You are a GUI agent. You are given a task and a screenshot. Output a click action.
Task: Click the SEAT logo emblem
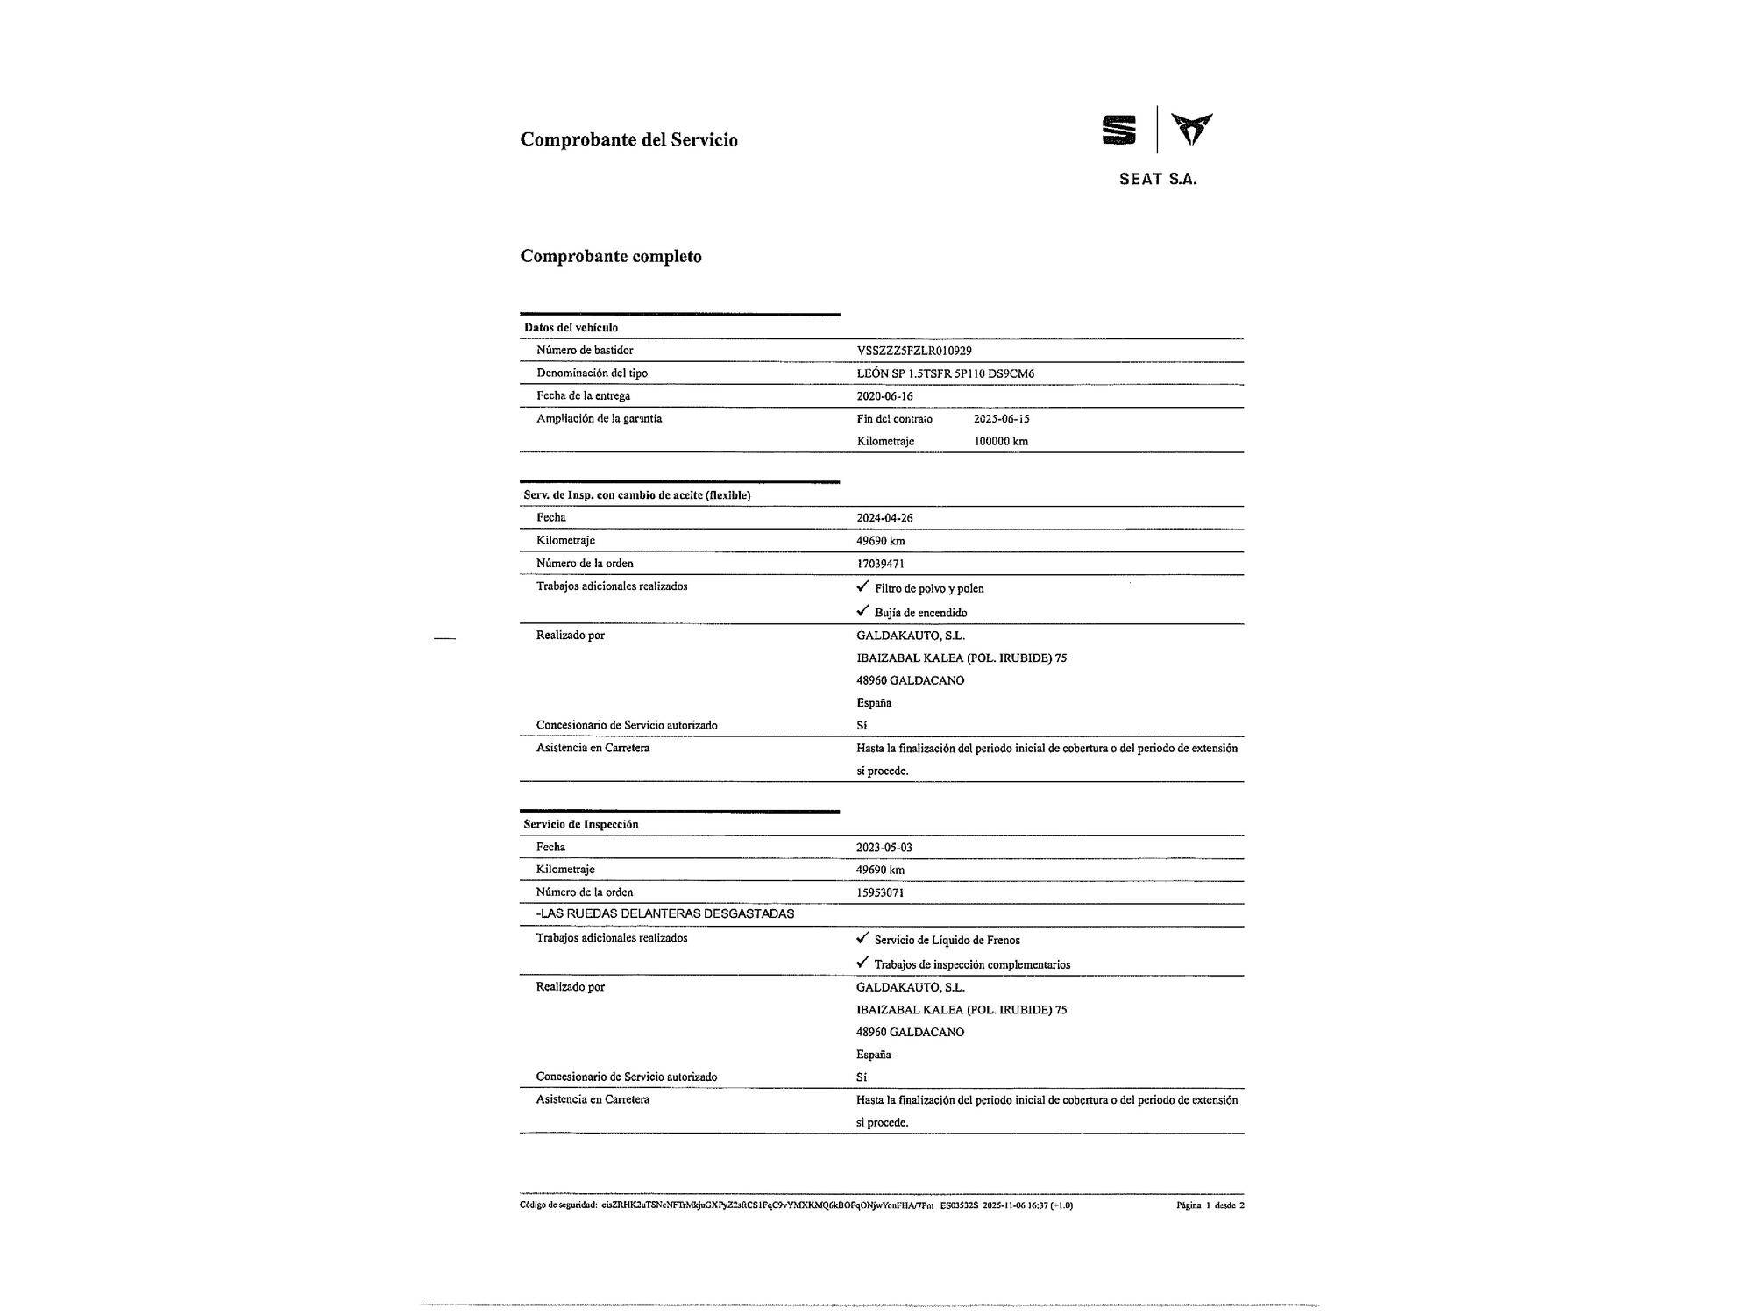[x=1118, y=130]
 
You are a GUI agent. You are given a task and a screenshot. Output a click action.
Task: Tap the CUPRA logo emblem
[x=1192, y=129]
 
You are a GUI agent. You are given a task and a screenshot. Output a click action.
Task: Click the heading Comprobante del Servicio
[x=628, y=139]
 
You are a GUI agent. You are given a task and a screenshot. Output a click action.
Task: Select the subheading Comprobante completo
[x=611, y=257]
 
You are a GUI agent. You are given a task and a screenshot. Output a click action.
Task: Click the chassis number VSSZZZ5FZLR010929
[x=913, y=351]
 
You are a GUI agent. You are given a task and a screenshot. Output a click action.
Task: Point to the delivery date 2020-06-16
[x=884, y=396]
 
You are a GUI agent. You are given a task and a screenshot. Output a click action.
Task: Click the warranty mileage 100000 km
[x=1000, y=441]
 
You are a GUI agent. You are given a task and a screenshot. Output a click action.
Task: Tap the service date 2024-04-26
[x=884, y=518]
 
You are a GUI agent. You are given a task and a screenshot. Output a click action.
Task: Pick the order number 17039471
[x=880, y=564]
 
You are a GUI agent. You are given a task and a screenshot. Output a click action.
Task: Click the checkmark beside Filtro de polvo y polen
[x=862, y=586]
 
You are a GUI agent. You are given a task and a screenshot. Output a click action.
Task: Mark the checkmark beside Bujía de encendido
[x=862, y=611]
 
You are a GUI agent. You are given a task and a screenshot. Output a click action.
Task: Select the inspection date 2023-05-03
[x=884, y=848]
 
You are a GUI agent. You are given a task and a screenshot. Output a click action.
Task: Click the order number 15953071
[x=880, y=892]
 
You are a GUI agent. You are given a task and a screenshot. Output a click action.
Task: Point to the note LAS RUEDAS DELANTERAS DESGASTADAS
[x=665, y=914]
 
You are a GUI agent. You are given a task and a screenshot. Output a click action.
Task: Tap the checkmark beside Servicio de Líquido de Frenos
[x=862, y=938]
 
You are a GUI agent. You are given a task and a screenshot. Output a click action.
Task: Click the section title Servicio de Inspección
[x=581, y=825]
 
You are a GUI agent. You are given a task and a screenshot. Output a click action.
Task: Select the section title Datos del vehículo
[x=571, y=328]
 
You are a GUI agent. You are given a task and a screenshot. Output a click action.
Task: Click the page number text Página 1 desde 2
[x=1210, y=1205]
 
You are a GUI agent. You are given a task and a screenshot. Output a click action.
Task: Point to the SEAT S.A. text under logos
[x=1157, y=180]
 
